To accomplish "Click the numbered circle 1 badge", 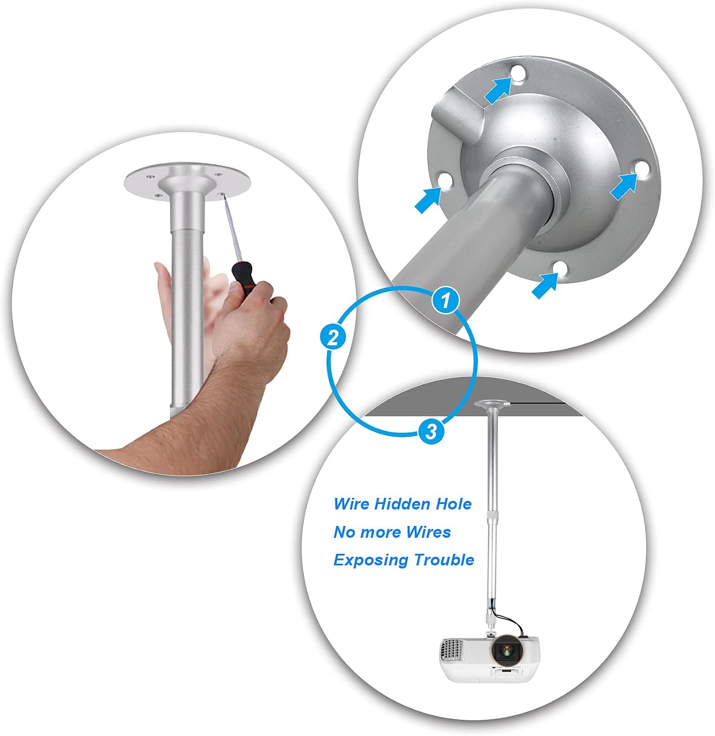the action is click(445, 300).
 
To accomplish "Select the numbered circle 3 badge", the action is click(431, 432).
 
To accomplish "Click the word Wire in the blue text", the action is click(352, 504).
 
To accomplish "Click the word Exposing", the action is click(371, 560).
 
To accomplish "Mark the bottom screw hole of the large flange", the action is click(560, 268).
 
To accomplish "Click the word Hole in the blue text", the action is click(456, 504).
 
